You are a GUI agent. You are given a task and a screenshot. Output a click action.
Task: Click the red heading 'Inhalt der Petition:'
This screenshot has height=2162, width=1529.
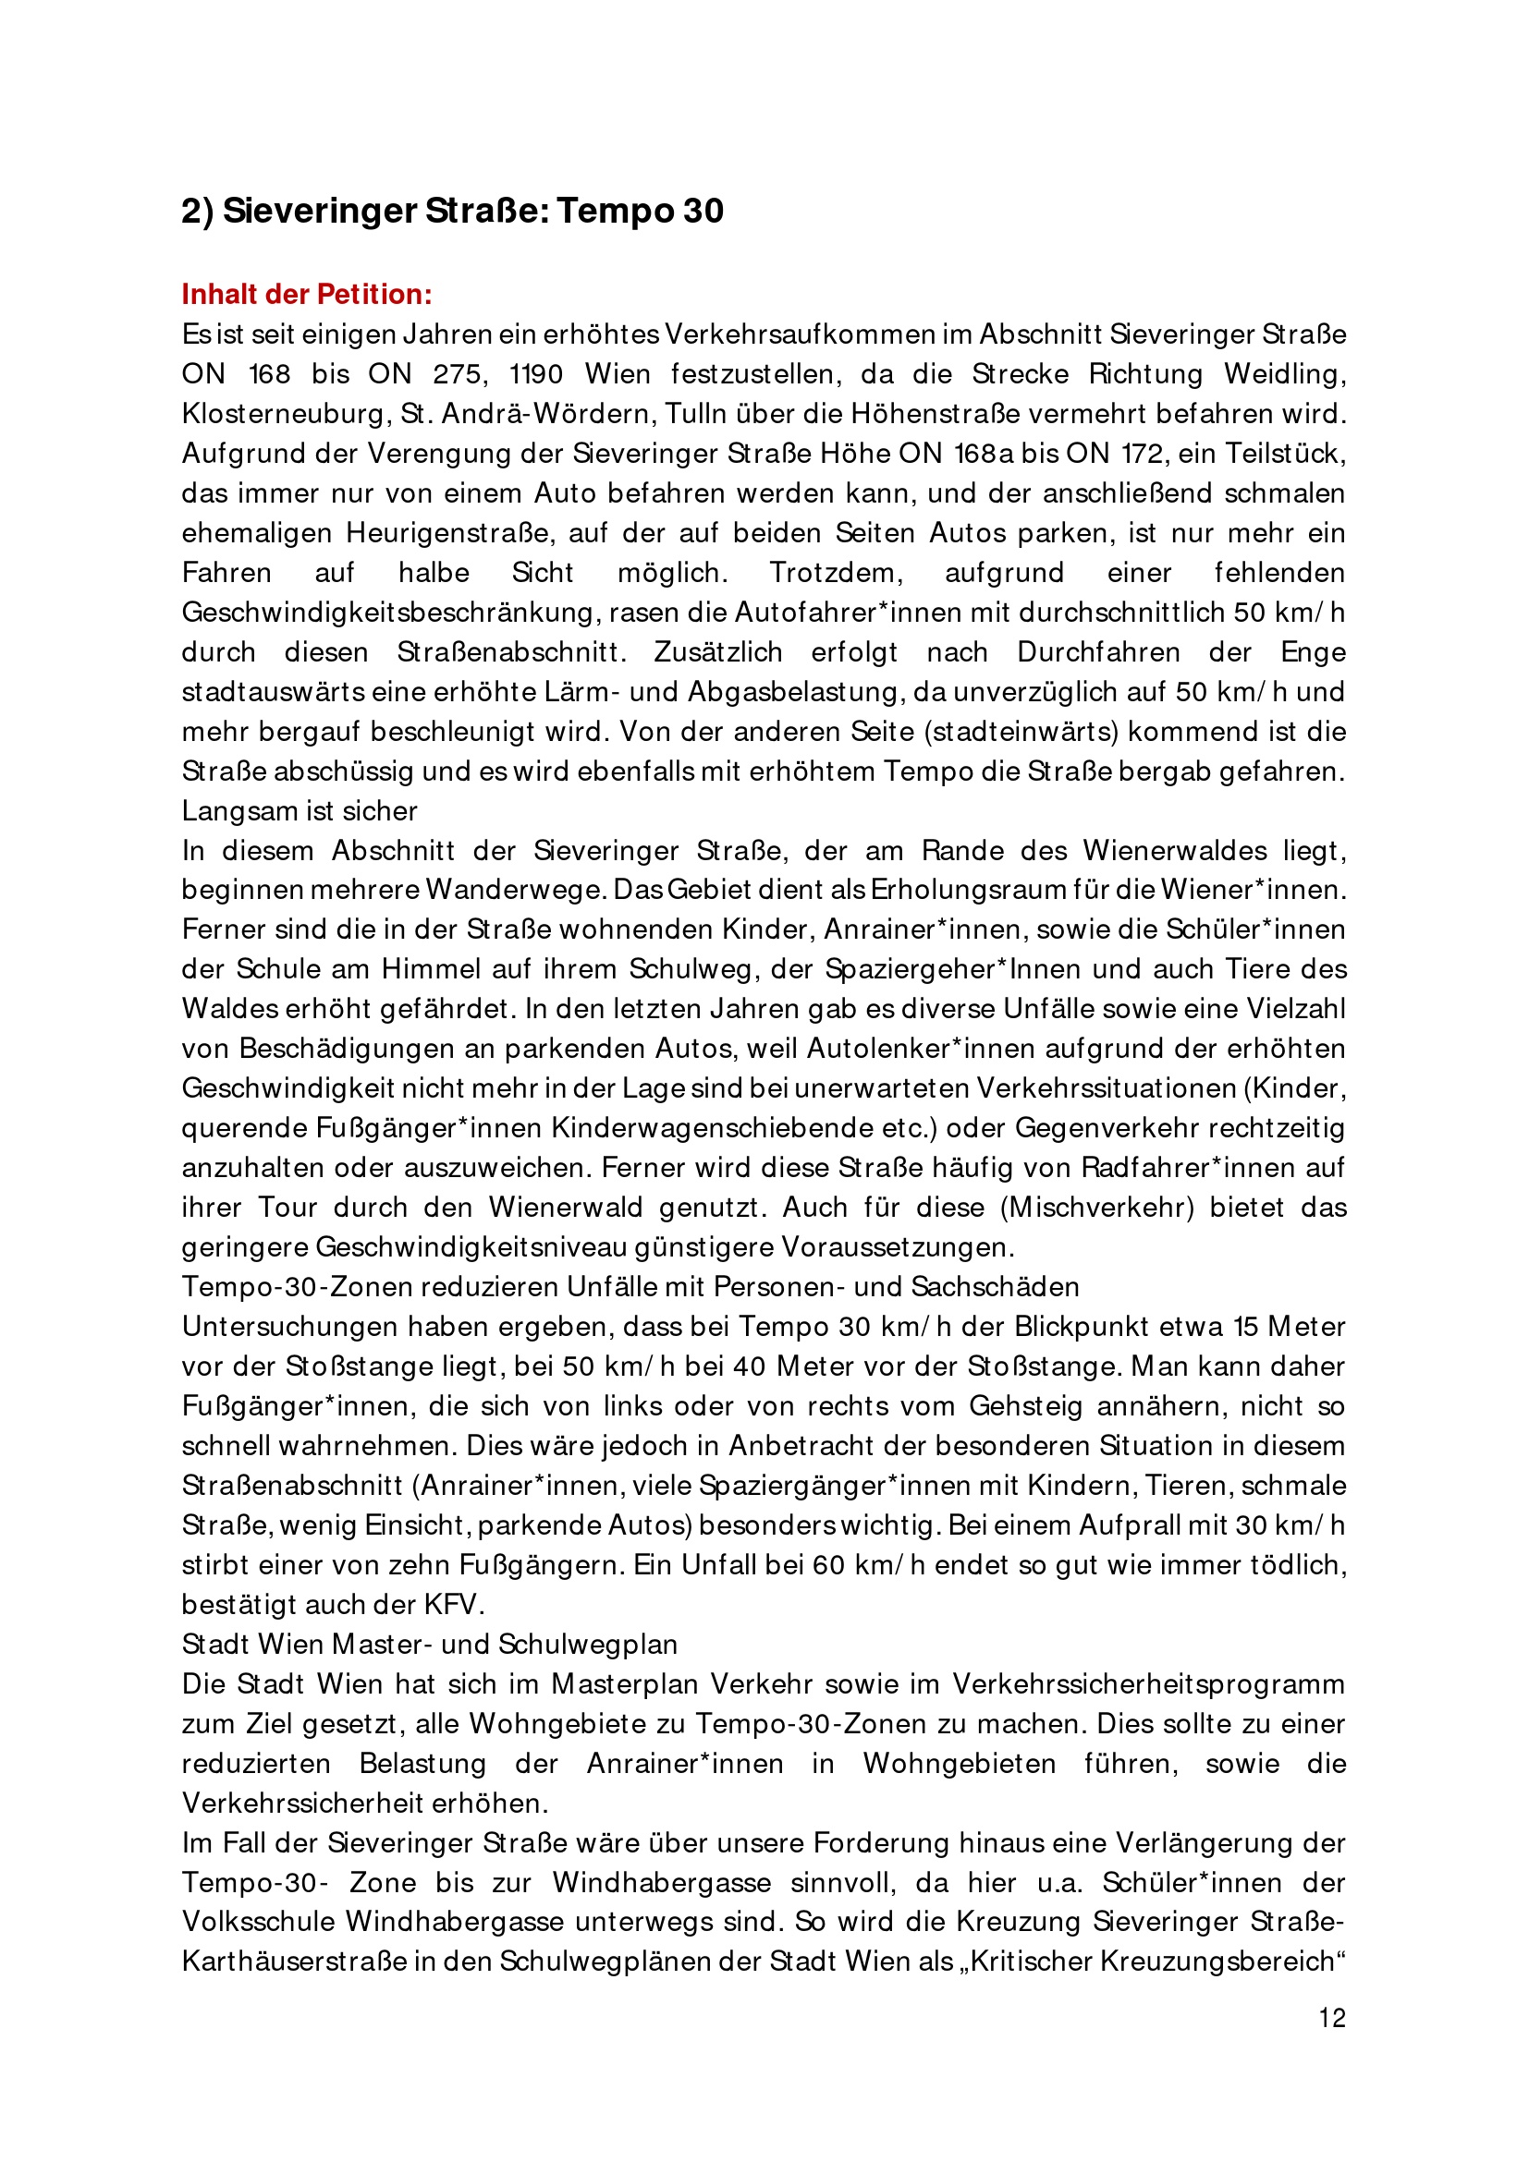[306, 295]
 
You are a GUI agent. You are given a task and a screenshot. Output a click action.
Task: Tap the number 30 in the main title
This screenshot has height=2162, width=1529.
[703, 211]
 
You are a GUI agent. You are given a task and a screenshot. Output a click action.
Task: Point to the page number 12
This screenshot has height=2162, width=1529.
[1331, 2017]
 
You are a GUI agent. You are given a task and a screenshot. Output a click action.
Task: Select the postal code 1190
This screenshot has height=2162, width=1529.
[536, 374]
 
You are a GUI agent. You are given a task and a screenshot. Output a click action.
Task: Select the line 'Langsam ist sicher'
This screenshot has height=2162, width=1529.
[300, 811]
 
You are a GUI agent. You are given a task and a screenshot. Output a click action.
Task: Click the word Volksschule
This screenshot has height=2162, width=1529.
[256, 1922]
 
